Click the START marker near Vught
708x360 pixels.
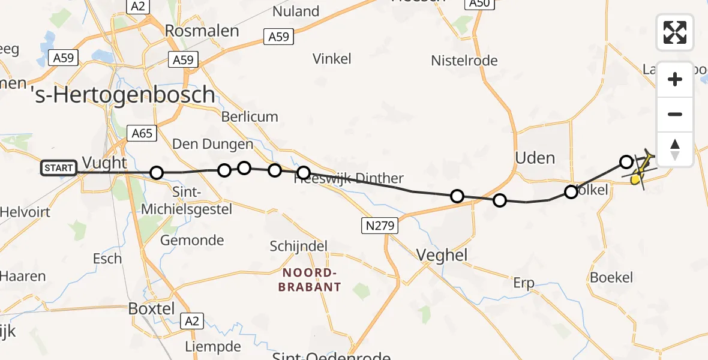click(x=59, y=168)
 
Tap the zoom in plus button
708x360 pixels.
click(x=675, y=79)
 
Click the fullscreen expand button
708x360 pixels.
click(x=675, y=32)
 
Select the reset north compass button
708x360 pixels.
click(x=675, y=149)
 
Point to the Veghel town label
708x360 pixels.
click(x=442, y=254)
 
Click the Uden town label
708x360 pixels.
click(x=535, y=158)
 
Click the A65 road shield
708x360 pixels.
click(x=142, y=133)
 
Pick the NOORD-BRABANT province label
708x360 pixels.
click(x=310, y=280)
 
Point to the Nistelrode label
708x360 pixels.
click(x=464, y=61)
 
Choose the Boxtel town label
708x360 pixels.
click(x=152, y=308)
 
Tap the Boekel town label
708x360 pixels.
click(x=611, y=277)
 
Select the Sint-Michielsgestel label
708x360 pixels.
click(x=186, y=200)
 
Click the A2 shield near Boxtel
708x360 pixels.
click(x=191, y=321)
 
